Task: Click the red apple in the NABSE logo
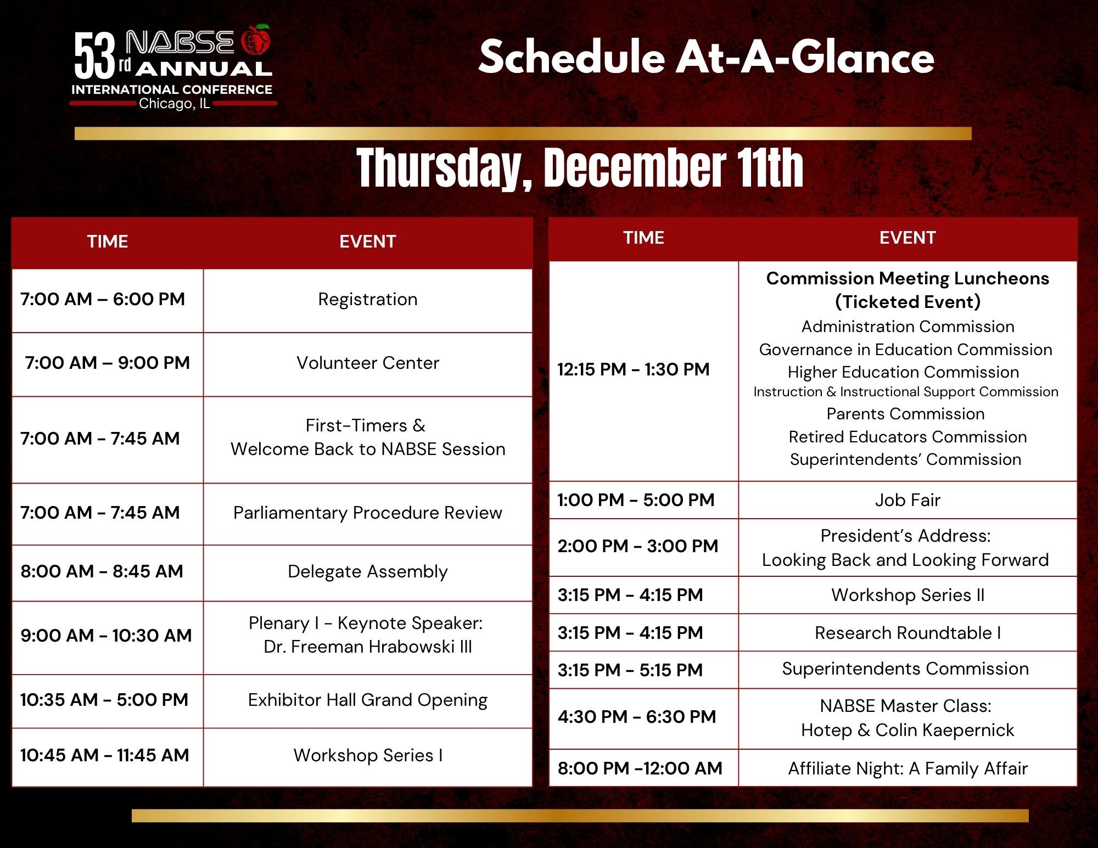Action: [x=256, y=40]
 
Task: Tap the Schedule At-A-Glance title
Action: [x=707, y=57]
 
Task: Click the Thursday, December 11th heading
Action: [x=580, y=169]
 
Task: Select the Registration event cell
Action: [x=368, y=300]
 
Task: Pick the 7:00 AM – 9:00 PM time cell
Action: [x=108, y=363]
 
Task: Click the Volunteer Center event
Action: [x=368, y=363]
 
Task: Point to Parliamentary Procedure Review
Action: [x=368, y=513]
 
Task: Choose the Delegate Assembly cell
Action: [x=368, y=572]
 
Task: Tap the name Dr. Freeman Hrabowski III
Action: [x=368, y=647]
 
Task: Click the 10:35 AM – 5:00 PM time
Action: [x=104, y=700]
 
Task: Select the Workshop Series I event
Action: [x=368, y=755]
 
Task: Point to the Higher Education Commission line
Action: [x=904, y=372]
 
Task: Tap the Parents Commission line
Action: [x=906, y=414]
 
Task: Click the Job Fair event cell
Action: [x=908, y=500]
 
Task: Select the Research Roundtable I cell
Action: [x=908, y=633]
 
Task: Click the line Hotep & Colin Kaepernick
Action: [x=908, y=731]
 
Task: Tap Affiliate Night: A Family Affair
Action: [x=908, y=769]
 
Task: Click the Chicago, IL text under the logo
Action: [x=175, y=104]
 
